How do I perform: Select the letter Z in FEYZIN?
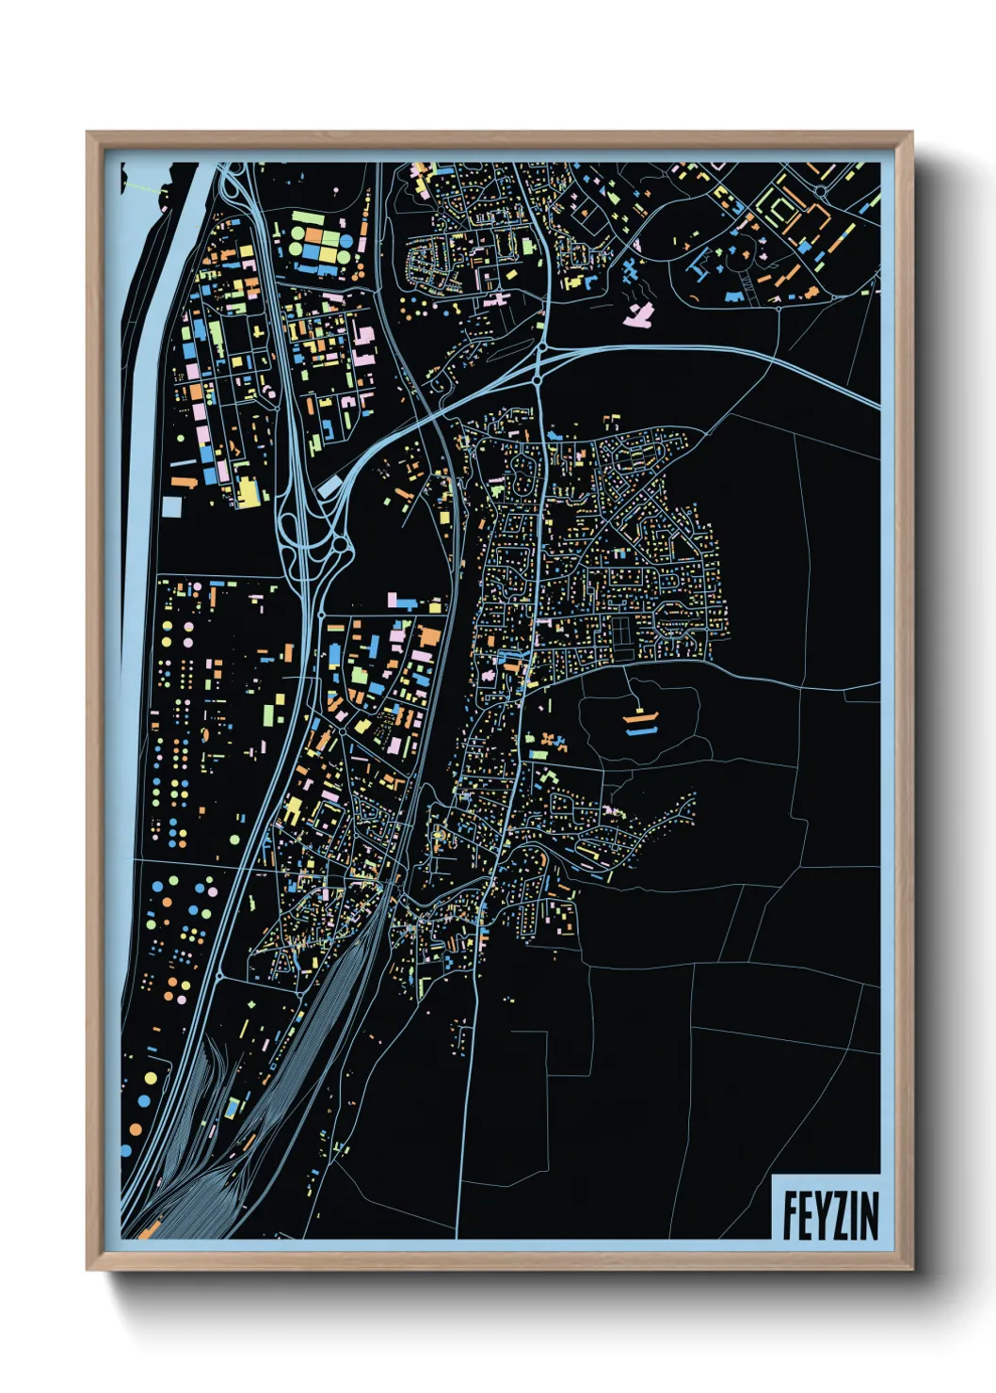click(x=840, y=1215)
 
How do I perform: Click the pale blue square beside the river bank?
click(x=171, y=506)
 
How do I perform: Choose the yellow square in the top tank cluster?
click(x=329, y=252)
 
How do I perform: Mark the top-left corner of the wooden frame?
click(x=88, y=133)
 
